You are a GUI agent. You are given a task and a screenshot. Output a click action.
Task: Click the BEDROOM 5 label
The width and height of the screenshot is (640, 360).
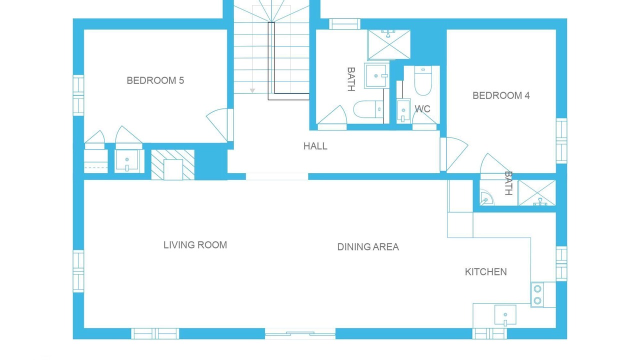(155, 80)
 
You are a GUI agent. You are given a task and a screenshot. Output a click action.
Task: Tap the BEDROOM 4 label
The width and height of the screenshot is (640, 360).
(501, 95)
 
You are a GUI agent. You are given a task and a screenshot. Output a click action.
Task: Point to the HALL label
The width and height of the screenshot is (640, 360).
(315, 146)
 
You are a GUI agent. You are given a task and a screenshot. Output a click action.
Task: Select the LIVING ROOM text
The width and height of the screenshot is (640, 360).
(195, 245)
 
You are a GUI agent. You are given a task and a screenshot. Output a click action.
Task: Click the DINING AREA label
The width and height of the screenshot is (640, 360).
(368, 247)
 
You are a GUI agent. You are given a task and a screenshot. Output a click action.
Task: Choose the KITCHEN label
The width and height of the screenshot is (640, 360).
(485, 271)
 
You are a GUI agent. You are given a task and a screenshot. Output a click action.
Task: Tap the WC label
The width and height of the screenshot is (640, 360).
(422, 109)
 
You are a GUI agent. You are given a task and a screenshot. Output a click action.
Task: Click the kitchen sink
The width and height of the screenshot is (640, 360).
(505, 315)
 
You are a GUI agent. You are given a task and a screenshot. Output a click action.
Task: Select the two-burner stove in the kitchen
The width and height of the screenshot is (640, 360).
(537, 294)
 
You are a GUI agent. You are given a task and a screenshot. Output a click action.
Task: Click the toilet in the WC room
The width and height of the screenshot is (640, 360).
(423, 81)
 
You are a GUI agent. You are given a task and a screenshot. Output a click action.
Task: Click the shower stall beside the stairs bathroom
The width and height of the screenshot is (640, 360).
(389, 44)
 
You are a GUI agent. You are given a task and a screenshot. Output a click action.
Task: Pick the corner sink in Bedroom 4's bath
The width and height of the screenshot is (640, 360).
(486, 197)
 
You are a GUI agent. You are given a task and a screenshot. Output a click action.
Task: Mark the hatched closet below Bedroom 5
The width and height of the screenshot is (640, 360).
(173, 164)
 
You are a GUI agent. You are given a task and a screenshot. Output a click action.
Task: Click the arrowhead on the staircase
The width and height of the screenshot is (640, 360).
(252, 90)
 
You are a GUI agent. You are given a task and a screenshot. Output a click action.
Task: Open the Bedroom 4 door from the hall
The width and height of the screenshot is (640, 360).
(454, 154)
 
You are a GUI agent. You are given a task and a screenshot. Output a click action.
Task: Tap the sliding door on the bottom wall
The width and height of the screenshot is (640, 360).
(300, 333)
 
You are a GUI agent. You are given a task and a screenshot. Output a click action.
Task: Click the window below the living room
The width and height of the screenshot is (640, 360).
(155, 333)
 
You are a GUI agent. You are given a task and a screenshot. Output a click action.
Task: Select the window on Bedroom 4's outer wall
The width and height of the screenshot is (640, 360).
(561, 141)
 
